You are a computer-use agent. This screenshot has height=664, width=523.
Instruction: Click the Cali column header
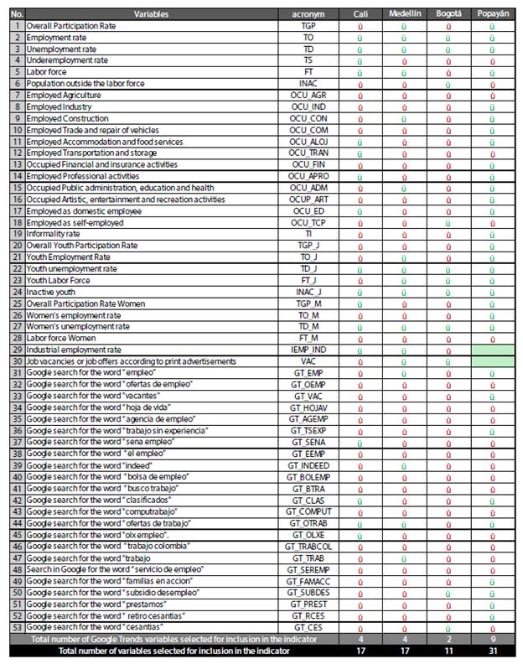360,15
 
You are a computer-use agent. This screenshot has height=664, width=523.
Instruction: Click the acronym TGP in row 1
309,27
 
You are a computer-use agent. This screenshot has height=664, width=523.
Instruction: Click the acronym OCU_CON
309,118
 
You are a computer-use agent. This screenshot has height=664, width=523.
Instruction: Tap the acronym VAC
309,361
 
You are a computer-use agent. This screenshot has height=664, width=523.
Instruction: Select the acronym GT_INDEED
309,465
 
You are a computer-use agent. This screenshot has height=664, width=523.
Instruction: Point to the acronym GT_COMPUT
309,511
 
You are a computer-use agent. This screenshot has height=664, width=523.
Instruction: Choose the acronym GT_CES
309,627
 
